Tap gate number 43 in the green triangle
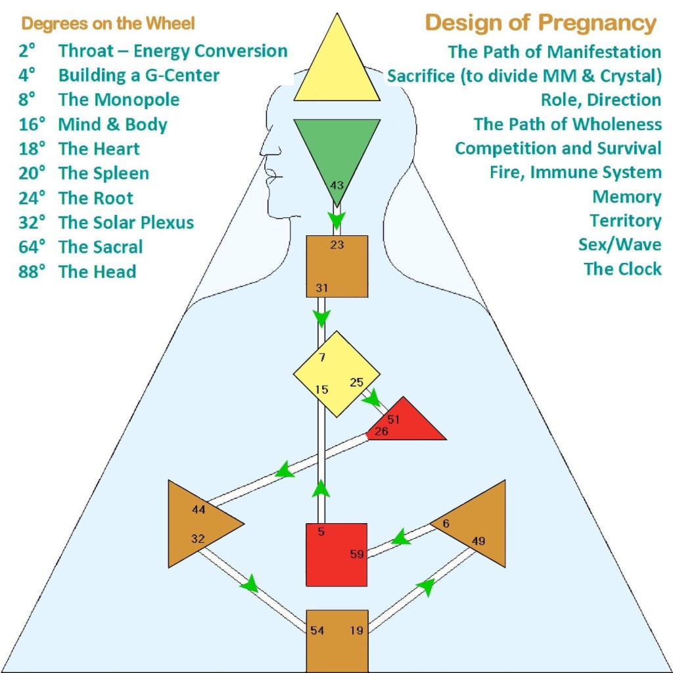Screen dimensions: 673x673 (x=336, y=185)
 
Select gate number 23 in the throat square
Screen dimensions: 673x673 (x=336, y=245)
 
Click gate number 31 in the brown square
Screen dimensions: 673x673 (x=321, y=288)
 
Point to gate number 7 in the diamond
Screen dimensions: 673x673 (x=321, y=358)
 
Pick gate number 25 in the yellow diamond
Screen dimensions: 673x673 (x=357, y=382)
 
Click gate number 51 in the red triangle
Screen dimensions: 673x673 (x=394, y=419)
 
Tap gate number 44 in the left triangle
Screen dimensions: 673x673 (x=198, y=509)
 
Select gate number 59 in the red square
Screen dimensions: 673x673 (x=357, y=554)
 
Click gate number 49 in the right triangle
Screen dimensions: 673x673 (x=478, y=541)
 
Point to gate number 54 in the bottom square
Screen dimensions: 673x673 (x=317, y=630)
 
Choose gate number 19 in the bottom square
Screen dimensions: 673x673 (x=357, y=630)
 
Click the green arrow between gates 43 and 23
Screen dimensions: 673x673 (x=336, y=219)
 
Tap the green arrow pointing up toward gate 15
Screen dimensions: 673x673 (x=321, y=488)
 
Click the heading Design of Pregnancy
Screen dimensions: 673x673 (x=540, y=23)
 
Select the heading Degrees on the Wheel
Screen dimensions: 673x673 (x=108, y=24)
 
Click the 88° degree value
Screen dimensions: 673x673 (x=32, y=271)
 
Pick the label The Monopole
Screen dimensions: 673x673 (x=119, y=100)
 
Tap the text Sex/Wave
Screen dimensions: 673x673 (x=619, y=244)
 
